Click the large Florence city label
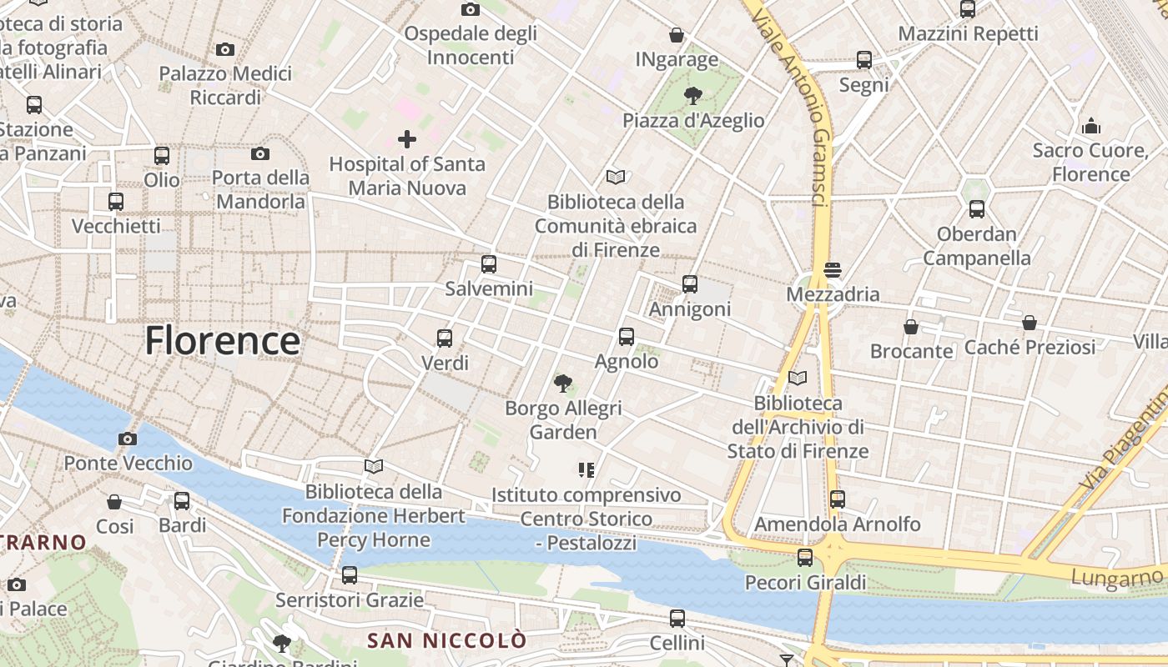(222, 341)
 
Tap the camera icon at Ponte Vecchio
(128, 439)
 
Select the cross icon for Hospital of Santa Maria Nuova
(407, 138)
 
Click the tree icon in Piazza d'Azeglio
(692, 95)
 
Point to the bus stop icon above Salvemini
(489, 264)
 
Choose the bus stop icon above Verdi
(445, 339)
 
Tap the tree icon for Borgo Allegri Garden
(563, 384)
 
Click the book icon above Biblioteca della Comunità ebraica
(616, 177)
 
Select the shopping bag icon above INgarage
(677, 35)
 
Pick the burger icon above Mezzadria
(833, 269)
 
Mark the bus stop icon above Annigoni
(690, 284)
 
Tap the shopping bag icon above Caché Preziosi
(1030, 323)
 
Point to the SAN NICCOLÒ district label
(447, 640)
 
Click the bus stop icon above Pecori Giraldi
(805, 558)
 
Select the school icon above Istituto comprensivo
(587, 470)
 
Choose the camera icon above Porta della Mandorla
(260, 153)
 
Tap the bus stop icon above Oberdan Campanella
(977, 209)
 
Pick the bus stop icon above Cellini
(677, 619)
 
